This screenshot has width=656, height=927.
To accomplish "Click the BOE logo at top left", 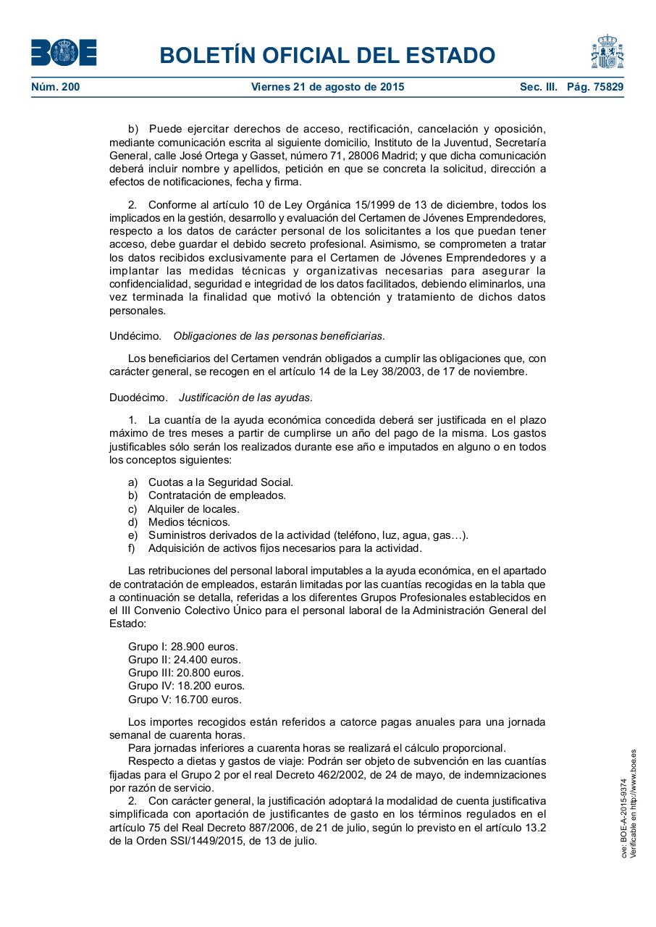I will tap(64, 52).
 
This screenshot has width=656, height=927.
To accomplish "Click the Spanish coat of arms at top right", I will tap(607, 51).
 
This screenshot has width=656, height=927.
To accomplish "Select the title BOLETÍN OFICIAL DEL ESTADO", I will tap(327, 55).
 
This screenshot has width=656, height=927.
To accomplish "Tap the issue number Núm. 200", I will tap(56, 87).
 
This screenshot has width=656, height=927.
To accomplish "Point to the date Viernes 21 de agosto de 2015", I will tap(327, 87).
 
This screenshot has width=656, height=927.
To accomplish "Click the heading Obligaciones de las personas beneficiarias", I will tap(279, 335).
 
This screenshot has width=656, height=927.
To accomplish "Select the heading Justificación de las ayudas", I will tap(245, 398).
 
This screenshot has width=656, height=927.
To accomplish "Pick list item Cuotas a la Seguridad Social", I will tap(220, 482).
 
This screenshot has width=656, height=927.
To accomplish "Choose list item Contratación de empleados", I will tap(216, 495).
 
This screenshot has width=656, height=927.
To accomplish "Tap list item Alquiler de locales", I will tap(193, 508).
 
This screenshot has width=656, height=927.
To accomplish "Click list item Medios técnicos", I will tap(189, 521).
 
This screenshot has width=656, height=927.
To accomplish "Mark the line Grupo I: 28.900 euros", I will tap(183, 646).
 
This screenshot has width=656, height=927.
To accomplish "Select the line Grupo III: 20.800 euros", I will tap(186, 672).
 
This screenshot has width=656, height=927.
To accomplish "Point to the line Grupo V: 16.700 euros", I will tap(185, 699).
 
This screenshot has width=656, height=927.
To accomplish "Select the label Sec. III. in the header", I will tap(538, 87).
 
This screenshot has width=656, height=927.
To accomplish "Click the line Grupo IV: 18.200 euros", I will tap(186, 685).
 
